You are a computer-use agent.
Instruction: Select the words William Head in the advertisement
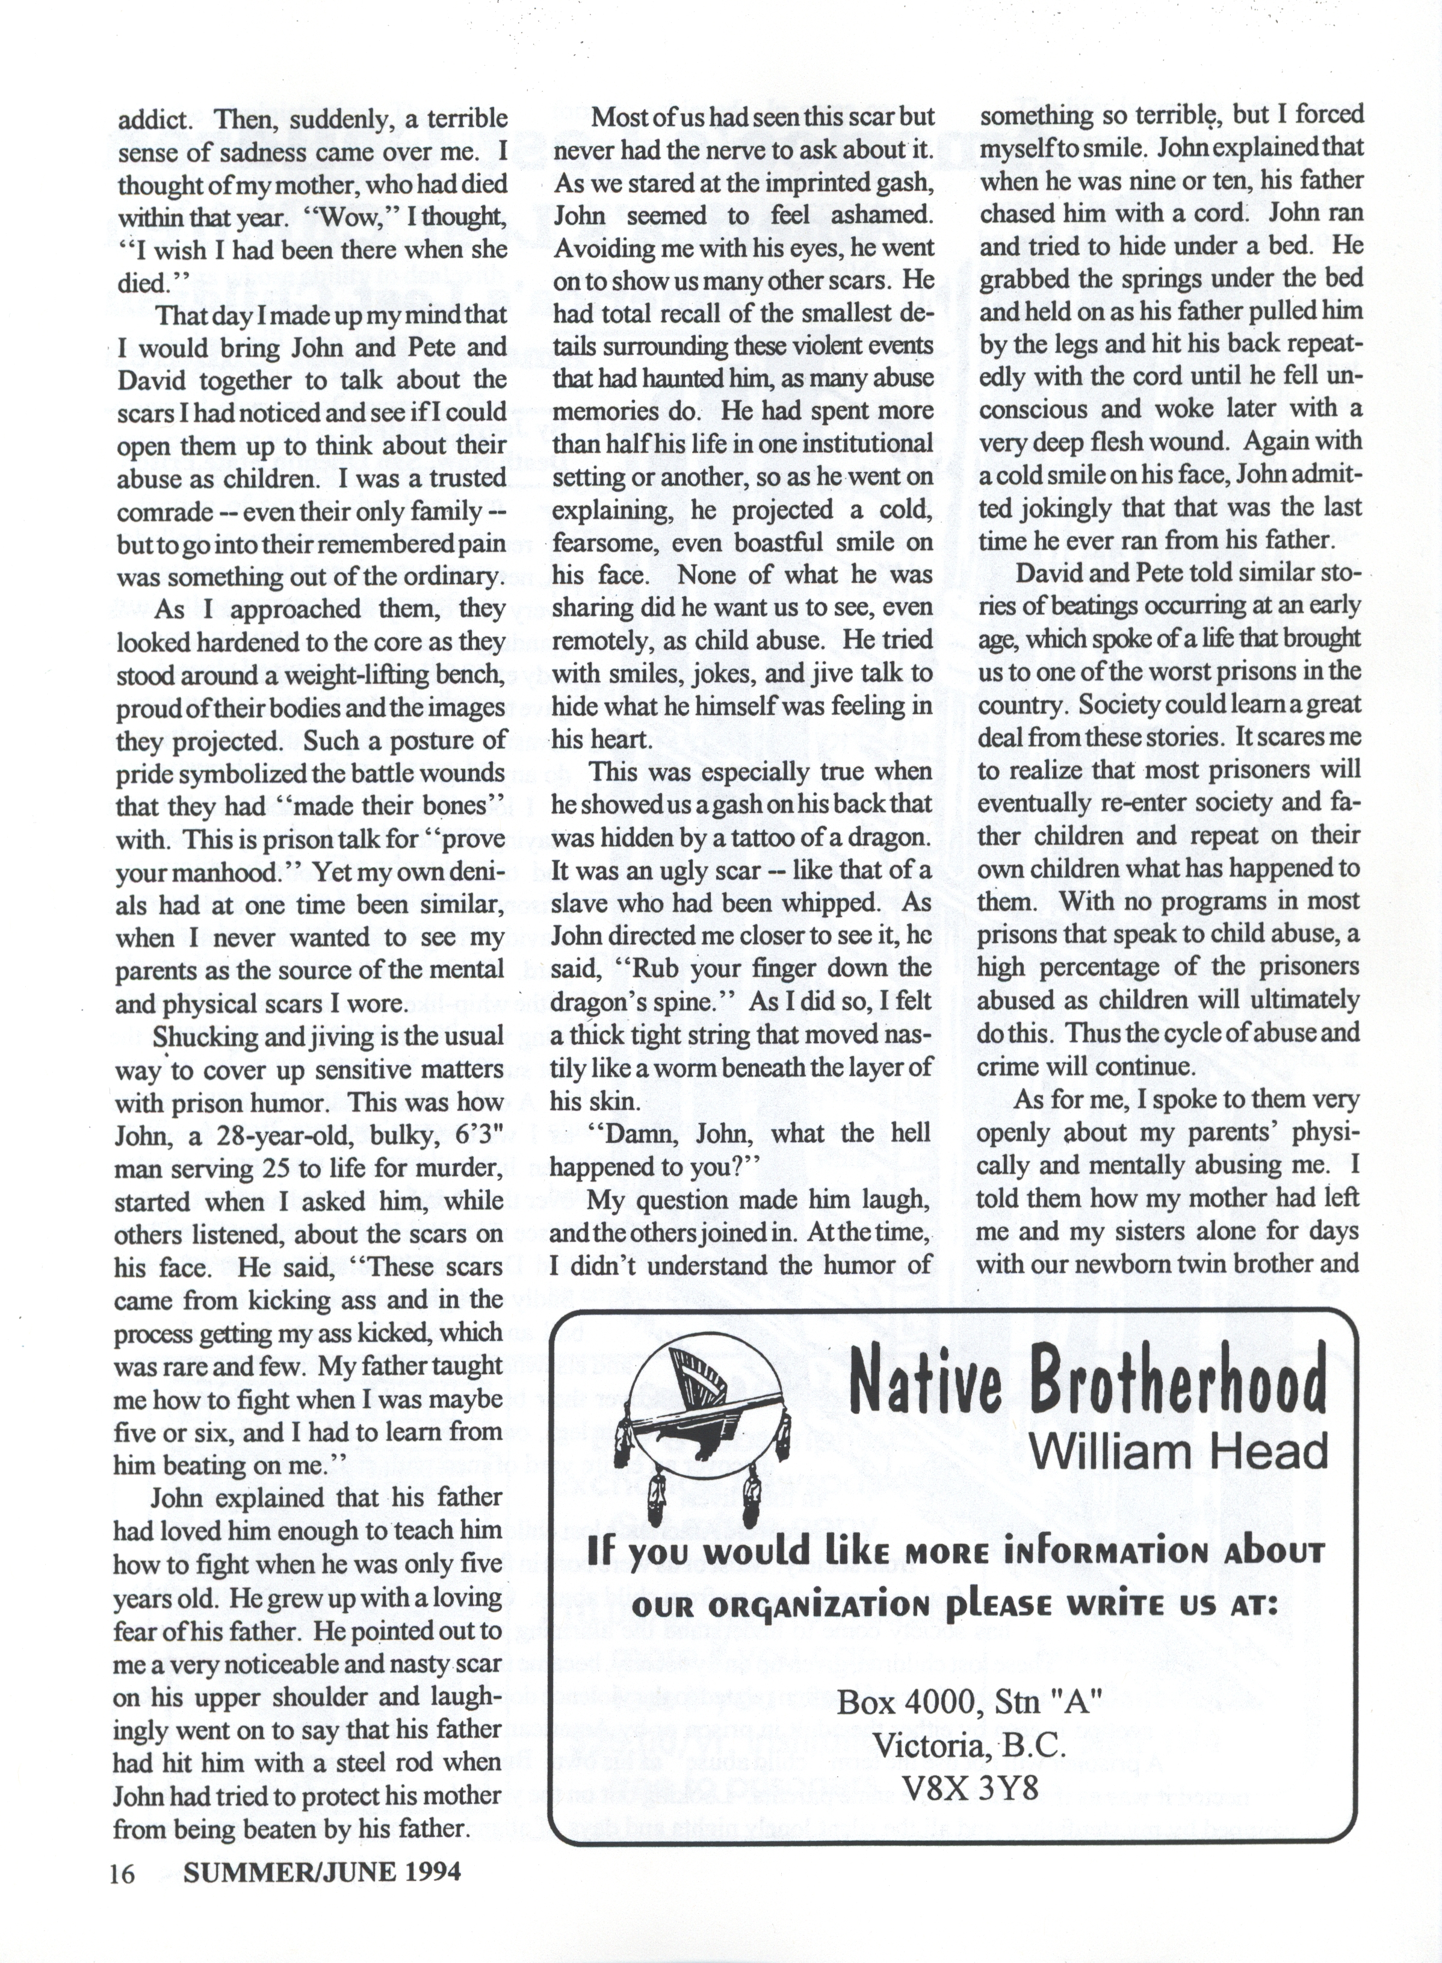tap(1178, 1451)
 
